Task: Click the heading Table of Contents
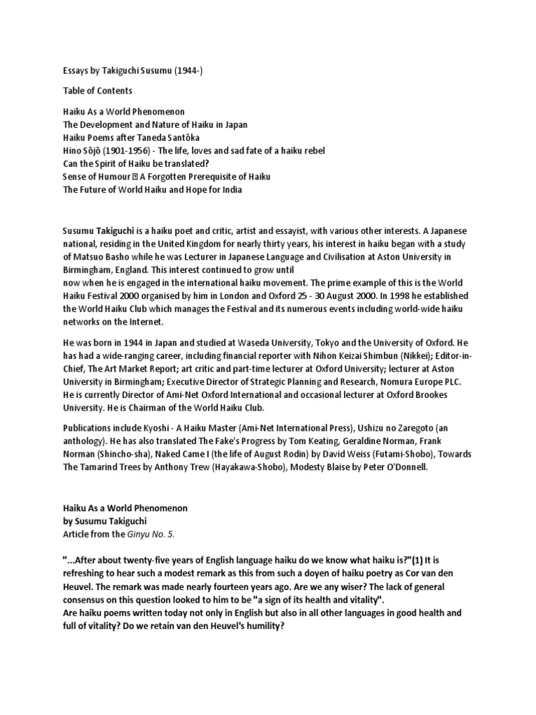(x=97, y=91)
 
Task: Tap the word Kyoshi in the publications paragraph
(x=155, y=428)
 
